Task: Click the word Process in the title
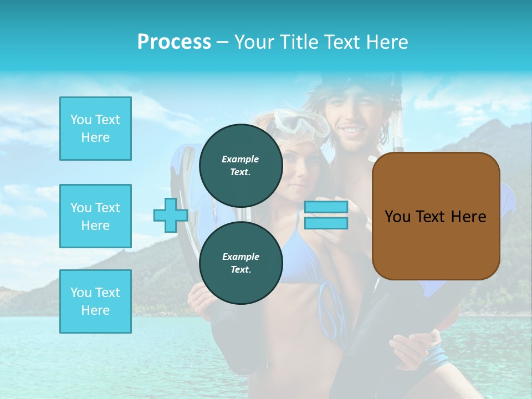click(174, 42)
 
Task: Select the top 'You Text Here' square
click(95, 129)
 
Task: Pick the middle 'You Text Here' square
click(95, 216)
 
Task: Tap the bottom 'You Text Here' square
click(95, 301)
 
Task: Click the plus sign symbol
click(170, 215)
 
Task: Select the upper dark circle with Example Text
click(241, 165)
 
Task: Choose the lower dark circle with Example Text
click(241, 263)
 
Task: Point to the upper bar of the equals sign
click(326, 207)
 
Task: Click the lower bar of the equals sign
click(326, 223)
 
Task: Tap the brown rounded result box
click(436, 216)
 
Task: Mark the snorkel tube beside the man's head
click(397, 122)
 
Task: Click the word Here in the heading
click(387, 42)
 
